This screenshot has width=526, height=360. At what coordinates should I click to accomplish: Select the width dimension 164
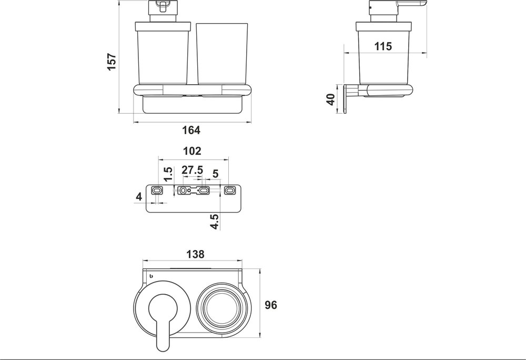click(x=191, y=130)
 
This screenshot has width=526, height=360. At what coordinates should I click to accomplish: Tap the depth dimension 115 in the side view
click(x=383, y=46)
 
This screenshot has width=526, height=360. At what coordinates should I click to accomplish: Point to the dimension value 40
click(x=331, y=99)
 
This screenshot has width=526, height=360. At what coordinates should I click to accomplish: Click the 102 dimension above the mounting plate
click(x=192, y=151)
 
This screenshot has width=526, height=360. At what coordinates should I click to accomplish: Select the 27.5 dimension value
click(x=193, y=170)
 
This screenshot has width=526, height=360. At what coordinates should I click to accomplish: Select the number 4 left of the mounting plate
click(x=139, y=197)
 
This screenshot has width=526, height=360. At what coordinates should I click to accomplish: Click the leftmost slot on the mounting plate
click(x=156, y=190)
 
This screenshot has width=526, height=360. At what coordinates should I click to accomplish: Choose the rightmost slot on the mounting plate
click(x=230, y=190)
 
